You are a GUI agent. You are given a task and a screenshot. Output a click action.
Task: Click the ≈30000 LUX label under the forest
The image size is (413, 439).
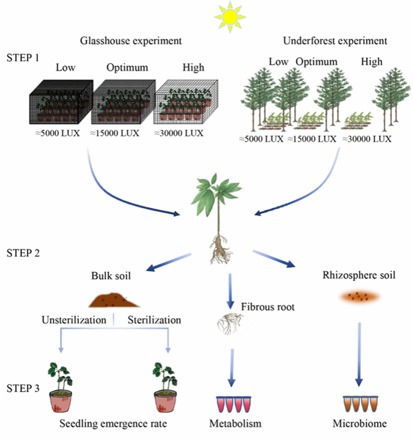click(366, 138)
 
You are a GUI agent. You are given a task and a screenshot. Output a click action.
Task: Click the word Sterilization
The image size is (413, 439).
click(154, 319)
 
